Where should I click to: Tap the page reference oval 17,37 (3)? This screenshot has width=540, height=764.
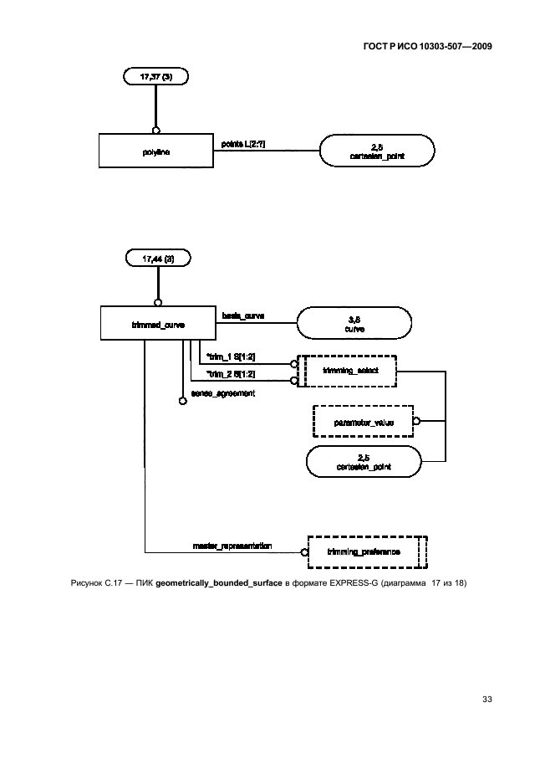pyautogui.click(x=155, y=76)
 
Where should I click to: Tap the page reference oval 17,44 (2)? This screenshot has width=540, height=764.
pyautogui.click(x=157, y=259)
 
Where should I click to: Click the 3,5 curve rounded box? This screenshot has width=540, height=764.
pyautogui.click(x=354, y=323)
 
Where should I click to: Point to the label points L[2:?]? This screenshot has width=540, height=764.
pyautogui.click(x=243, y=145)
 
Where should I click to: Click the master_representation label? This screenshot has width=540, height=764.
pyautogui.click(x=231, y=546)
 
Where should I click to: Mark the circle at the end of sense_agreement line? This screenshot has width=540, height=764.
pyautogui.click(x=182, y=402)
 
